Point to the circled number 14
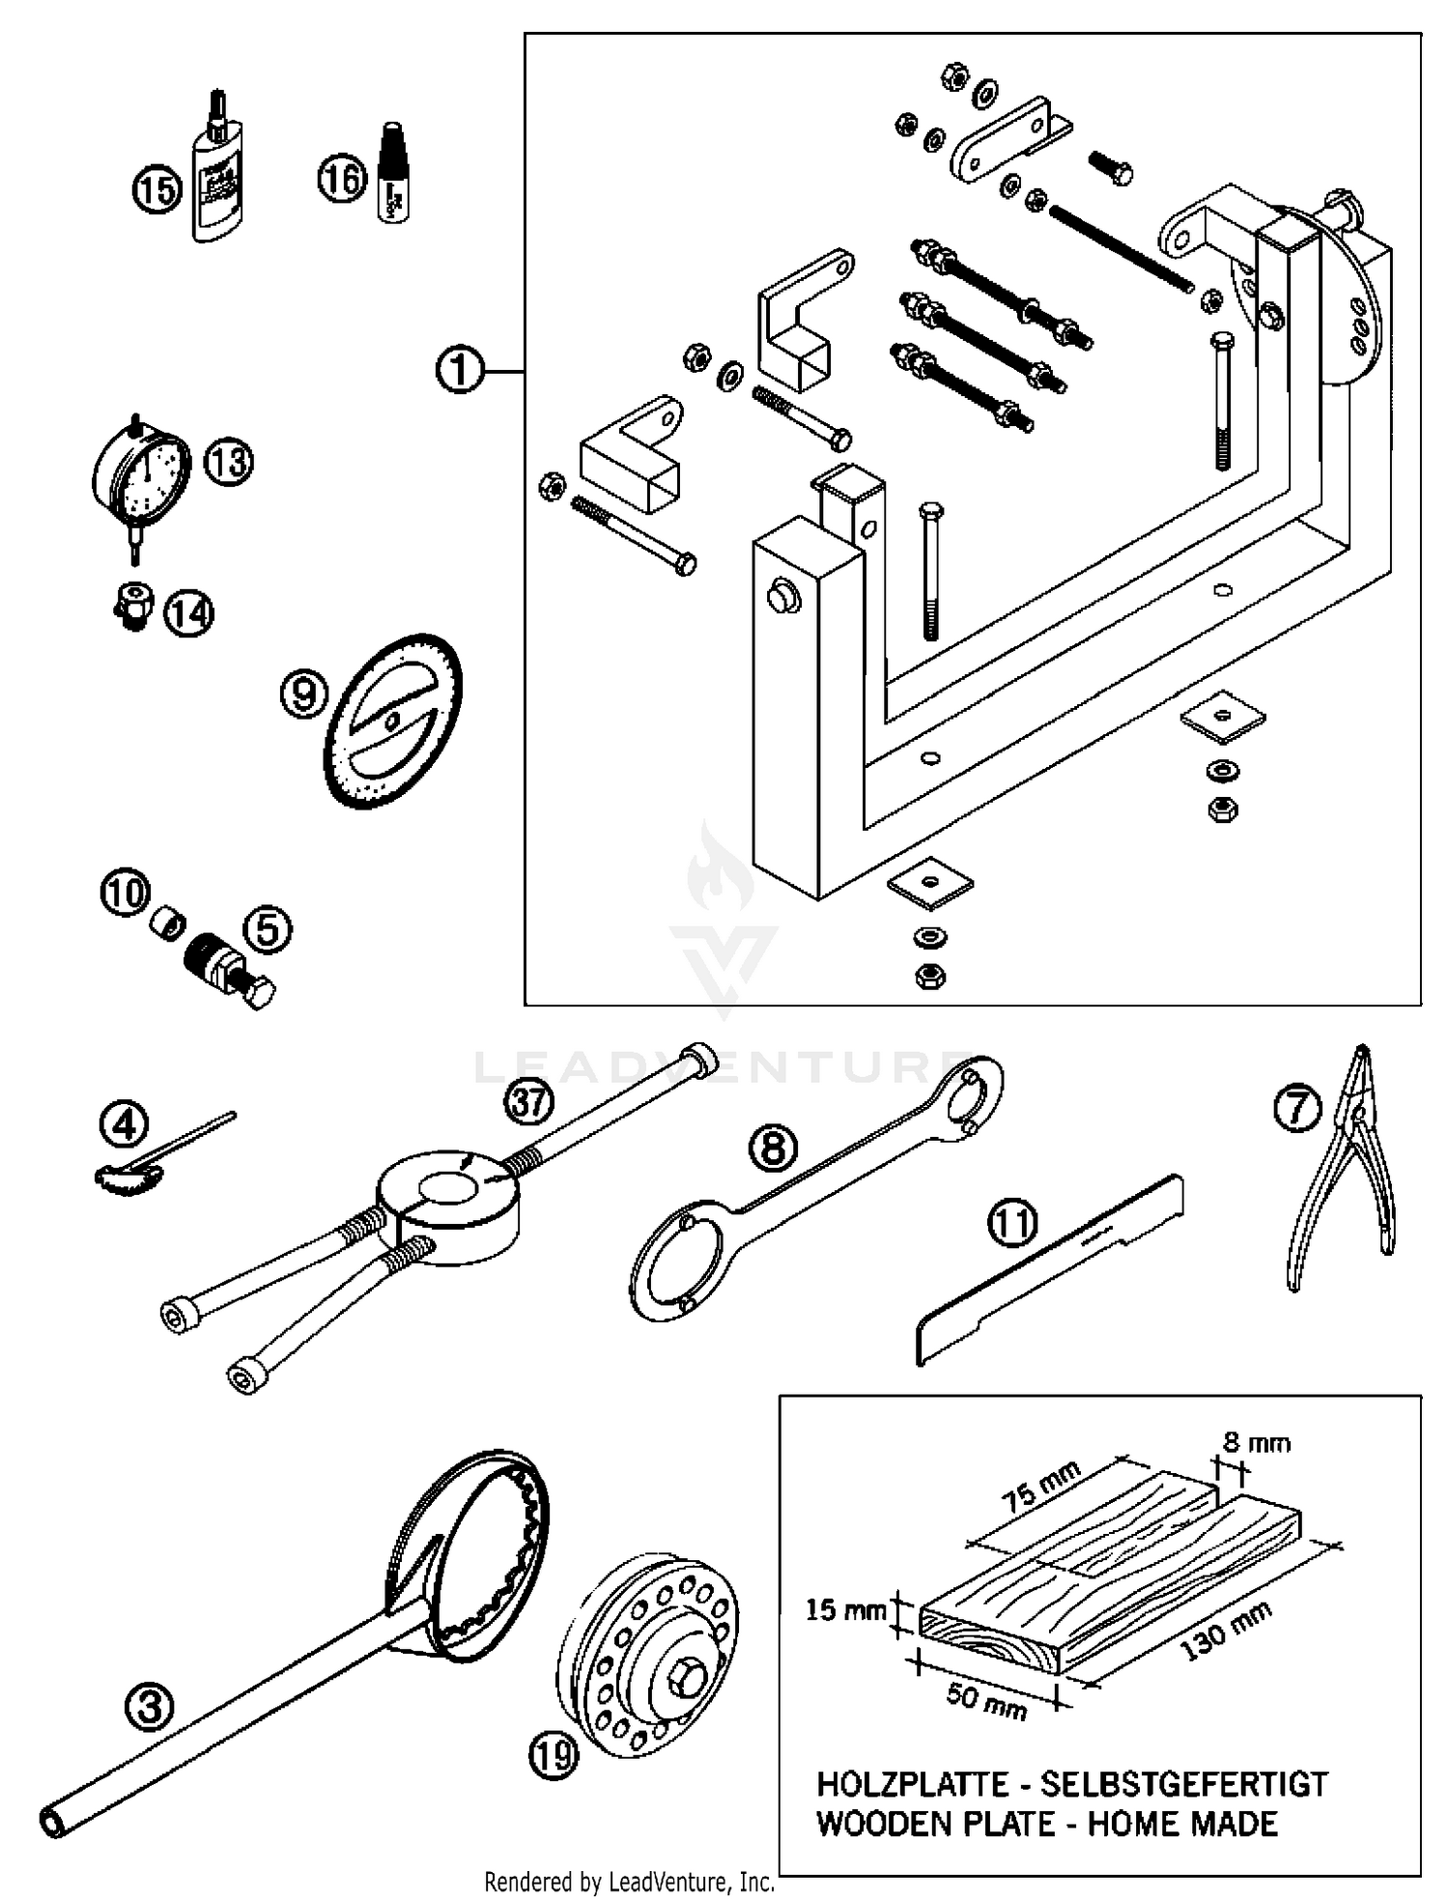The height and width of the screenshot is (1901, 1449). (x=189, y=613)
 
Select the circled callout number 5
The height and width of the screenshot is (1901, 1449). (x=268, y=929)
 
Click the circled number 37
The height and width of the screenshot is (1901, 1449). (x=528, y=1100)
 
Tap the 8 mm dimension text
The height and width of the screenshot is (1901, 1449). (x=1255, y=1443)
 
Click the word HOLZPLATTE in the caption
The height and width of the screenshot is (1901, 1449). (x=913, y=1784)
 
